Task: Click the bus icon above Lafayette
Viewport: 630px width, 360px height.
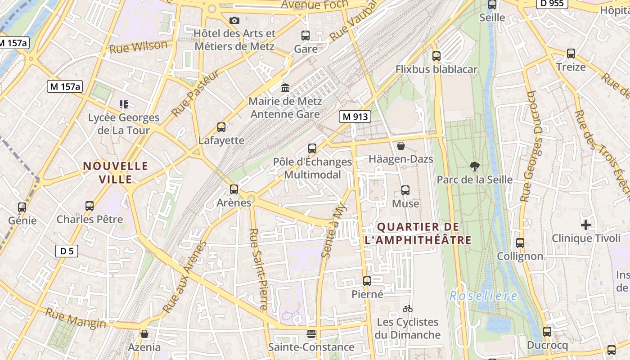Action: point(221,127)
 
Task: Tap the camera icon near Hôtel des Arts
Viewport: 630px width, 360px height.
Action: point(234,20)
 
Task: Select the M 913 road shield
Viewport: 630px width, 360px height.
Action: point(355,117)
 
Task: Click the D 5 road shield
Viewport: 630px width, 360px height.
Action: point(67,251)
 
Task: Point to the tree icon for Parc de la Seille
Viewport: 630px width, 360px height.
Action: point(474,166)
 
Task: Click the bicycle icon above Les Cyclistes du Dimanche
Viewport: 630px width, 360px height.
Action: point(408,309)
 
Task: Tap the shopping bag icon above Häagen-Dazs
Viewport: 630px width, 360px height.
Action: point(400,146)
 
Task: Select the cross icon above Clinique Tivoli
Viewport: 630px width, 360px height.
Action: point(585,225)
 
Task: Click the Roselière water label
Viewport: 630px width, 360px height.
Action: point(483,296)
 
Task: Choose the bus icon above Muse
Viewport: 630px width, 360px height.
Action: point(405,190)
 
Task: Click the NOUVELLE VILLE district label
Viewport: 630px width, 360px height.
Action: point(116,173)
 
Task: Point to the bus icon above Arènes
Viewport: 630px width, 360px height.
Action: point(234,189)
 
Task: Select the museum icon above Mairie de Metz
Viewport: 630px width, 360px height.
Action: point(285,88)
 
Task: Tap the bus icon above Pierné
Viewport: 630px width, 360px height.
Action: point(367,281)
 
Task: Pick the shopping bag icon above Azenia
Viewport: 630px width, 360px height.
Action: point(144,334)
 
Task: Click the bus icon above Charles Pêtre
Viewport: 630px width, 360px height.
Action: point(90,206)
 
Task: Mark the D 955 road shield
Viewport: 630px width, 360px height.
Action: point(552,4)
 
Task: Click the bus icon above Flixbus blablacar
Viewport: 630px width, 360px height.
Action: point(436,56)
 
